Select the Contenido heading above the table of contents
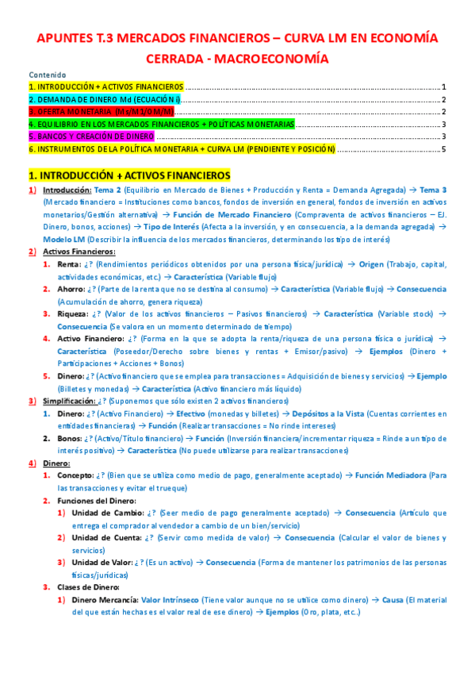pos(46,74)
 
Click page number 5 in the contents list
pos(446,149)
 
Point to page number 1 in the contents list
pos(446,87)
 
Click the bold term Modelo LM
pos(64,239)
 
